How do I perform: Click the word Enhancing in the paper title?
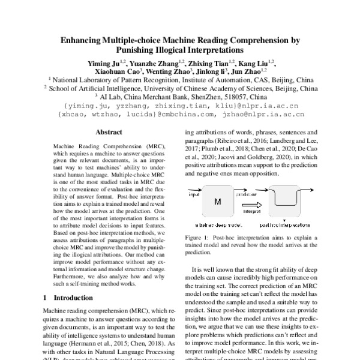pos(86,41)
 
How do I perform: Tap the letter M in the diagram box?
pos(218,202)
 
